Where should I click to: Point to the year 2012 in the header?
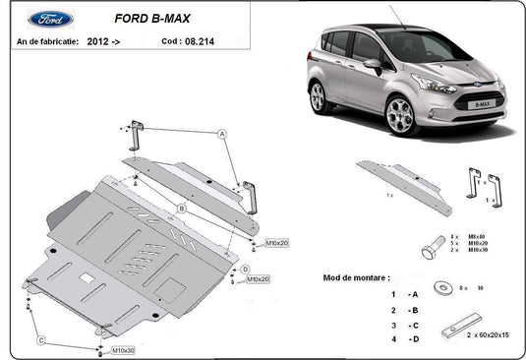[97, 42]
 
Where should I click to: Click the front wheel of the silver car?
[398, 116]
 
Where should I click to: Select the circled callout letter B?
[182, 208]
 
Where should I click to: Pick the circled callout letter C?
[41, 340]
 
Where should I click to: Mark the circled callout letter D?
[245, 269]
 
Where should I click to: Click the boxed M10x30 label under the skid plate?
[123, 350]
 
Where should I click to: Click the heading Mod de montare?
[363, 278]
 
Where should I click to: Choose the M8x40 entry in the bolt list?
[476, 237]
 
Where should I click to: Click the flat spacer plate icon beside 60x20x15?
[461, 324]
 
